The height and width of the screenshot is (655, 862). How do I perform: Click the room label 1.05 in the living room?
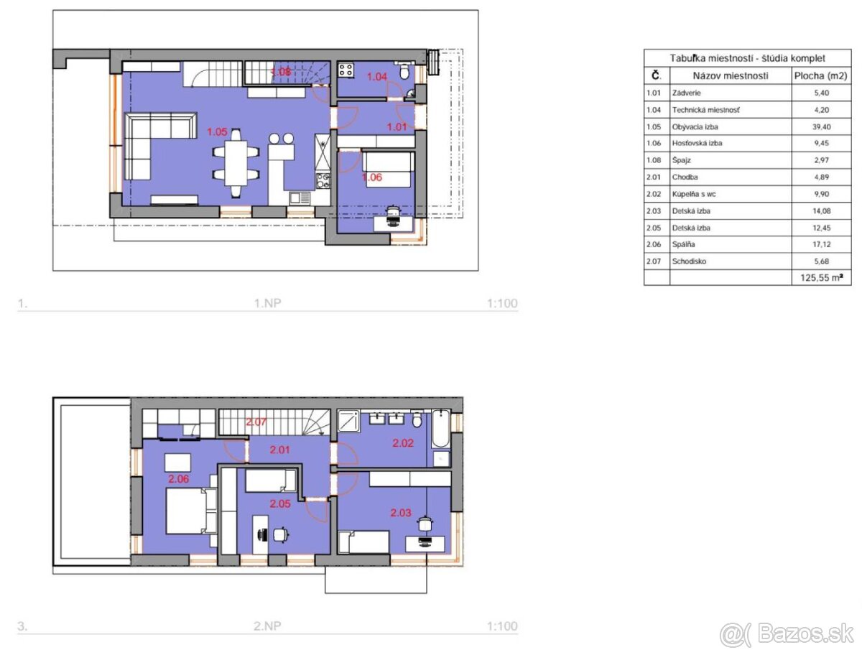click(217, 131)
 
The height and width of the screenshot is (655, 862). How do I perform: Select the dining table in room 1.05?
click(236, 163)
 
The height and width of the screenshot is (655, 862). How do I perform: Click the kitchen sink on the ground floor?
click(300, 198)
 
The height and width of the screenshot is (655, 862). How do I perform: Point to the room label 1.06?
click(371, 177)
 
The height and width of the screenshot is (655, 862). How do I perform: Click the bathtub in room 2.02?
click(440, 428)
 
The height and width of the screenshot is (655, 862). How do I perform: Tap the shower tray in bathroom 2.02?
click(348, 420)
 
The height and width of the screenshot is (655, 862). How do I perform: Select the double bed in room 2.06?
click(191, 511)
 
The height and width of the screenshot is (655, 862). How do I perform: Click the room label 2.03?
click(401, 513)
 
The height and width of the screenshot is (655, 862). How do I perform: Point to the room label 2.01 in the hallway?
click(279, 450)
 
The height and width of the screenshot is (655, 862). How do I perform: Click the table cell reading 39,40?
click(821, 126)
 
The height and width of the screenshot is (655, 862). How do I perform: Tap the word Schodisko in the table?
click(689, 261)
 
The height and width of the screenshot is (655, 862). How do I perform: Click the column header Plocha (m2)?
click(821, 75)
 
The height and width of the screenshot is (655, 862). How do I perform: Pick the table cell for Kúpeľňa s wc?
click(694, 194)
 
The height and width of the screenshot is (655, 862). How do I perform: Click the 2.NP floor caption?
click(267, 626)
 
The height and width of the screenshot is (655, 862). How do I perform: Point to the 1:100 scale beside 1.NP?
click(502, 303)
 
